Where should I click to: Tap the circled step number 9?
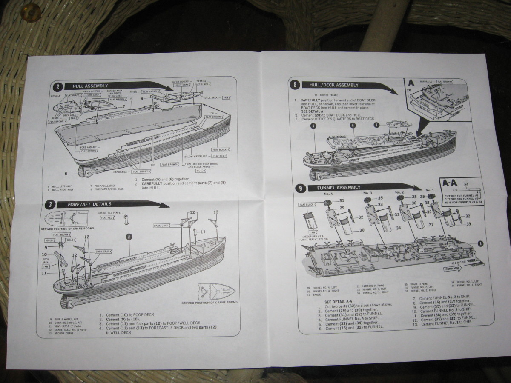(301, 188)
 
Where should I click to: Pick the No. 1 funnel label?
(430, 190)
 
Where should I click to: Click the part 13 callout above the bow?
(215, 212)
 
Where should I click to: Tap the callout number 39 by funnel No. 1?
(468, 224)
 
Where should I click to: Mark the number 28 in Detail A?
(409, 91)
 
